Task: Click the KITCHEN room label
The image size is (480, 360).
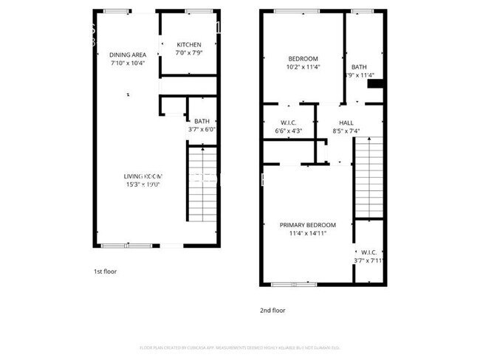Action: pyautogui.click(x=188, y=44)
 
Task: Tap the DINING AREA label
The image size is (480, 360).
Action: pyautogui.click(x=128, y=55)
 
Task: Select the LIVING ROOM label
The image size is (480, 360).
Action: pyautogui.click(x=143, y=176)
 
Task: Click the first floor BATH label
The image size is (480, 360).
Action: pyautogui.click(x=202, y=122)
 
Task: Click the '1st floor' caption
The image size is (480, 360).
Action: pyautogui.click(x=105, y=271)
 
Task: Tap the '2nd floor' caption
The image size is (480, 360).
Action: pyautogui.click(x=272, y=311)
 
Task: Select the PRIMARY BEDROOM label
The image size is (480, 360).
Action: pyautogui.click(x=307, y=225)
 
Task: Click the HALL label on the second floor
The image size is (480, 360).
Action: pyautogui.click(x=346, y=123)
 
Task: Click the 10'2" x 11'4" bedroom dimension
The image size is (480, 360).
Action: pyautogui.click(x=303, y=67)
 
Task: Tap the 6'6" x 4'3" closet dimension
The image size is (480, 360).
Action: pyautogui.click(x=288, y=131)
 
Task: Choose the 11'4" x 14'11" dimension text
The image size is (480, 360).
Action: pyautogui.click(x=307, y=233)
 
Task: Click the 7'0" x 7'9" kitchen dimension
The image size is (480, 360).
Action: pyautogui.click(x=188, y=53)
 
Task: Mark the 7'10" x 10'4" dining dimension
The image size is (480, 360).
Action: pyautogui.click(x=128, y=63)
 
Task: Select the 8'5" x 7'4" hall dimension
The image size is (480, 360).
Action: pyautogui.click(x=346, y=131)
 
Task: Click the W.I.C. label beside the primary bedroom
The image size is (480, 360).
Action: pyautogui.click(x=369, y=252)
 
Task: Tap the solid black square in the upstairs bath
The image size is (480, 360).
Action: pyautogui.click(x=374, y=84)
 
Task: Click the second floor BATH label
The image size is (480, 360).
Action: pyautogui.click(x=359, y=66)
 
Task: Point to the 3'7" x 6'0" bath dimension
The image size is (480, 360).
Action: pyautogui.click(x=202, y=130)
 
